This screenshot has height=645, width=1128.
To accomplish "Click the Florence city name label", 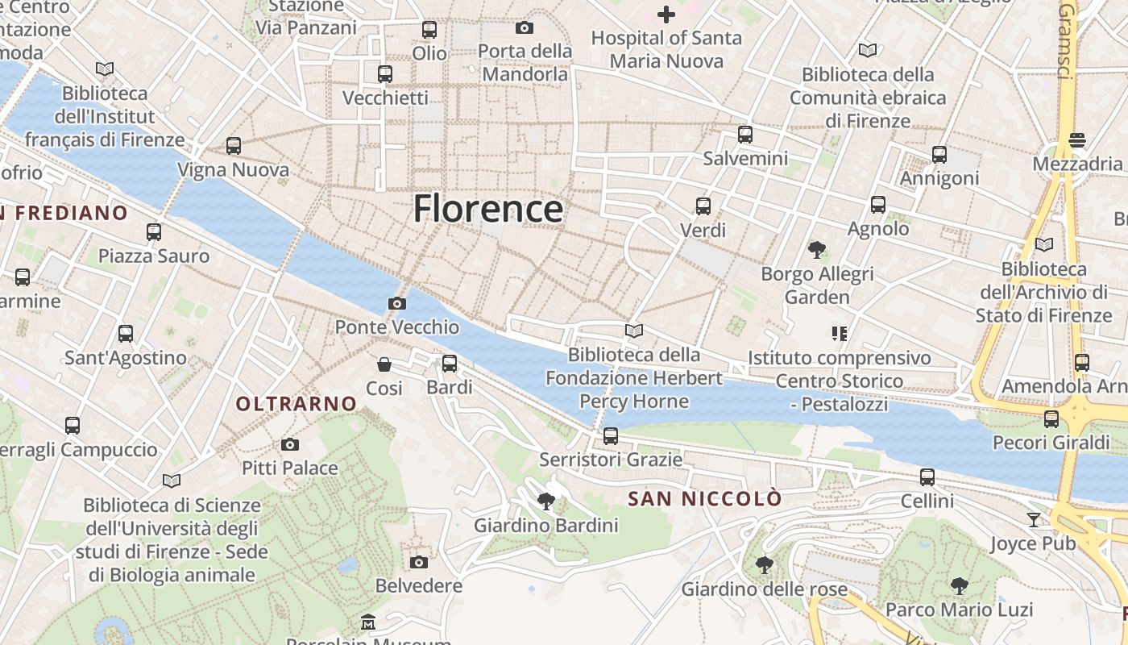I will click(x=488, y=209).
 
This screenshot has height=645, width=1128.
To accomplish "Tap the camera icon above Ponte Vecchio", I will click(x=396, y=303).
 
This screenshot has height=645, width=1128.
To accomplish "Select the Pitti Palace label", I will click(x=290, y=468).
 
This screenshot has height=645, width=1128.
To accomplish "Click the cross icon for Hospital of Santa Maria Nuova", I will click(x=666, y=15).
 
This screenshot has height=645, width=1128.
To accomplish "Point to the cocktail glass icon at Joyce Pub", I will click(x=1034, y=519).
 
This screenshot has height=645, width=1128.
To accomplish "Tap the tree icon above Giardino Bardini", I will click(x=545, y=501).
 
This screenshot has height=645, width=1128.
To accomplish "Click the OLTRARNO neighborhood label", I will click(x=296, y=404).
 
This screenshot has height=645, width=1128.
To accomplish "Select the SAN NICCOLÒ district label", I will click(x=704, y=499).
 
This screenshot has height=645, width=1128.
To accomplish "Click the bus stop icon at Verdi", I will click(x=703, y=206).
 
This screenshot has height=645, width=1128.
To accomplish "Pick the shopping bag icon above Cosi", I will click(x=384, y=364).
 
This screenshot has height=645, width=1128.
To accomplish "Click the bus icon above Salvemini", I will click(x=745, y=135).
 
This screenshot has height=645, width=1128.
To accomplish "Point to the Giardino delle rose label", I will click(x=764, y=589).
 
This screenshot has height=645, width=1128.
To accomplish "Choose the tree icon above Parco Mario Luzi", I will click(x=959, y=585).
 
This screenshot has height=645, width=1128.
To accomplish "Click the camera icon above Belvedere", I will click(x=418, y=562).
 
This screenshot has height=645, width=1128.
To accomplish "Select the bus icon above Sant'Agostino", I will click(x=125, y=334).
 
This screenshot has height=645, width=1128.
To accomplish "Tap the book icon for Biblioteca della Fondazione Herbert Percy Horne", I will click(x=634, y=331).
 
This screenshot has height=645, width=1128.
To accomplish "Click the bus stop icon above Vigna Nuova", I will click(x=233, y=146).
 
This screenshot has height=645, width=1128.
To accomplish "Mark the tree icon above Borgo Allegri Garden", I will click(x=817, y=250).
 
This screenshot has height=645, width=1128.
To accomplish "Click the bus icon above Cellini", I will click(x=927, y=477).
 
